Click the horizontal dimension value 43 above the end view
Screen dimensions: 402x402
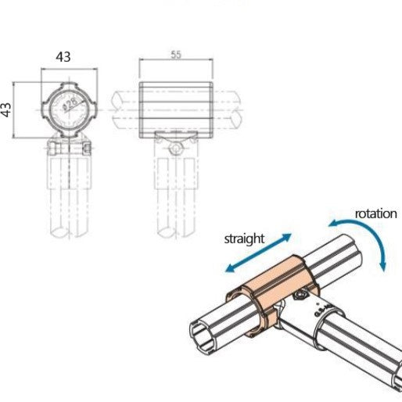[x=63, y=57]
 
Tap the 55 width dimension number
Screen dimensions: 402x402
[x=177, y=54]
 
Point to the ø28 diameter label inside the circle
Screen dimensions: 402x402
[x=69, y=104]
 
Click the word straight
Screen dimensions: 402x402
[x=244, y=239]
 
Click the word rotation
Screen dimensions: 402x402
[x=377, y=214]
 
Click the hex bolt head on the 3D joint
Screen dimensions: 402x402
[x=301, y=294]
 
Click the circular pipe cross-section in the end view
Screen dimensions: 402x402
[x=69, y=108]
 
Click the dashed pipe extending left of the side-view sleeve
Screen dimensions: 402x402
[x=125, y=109]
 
